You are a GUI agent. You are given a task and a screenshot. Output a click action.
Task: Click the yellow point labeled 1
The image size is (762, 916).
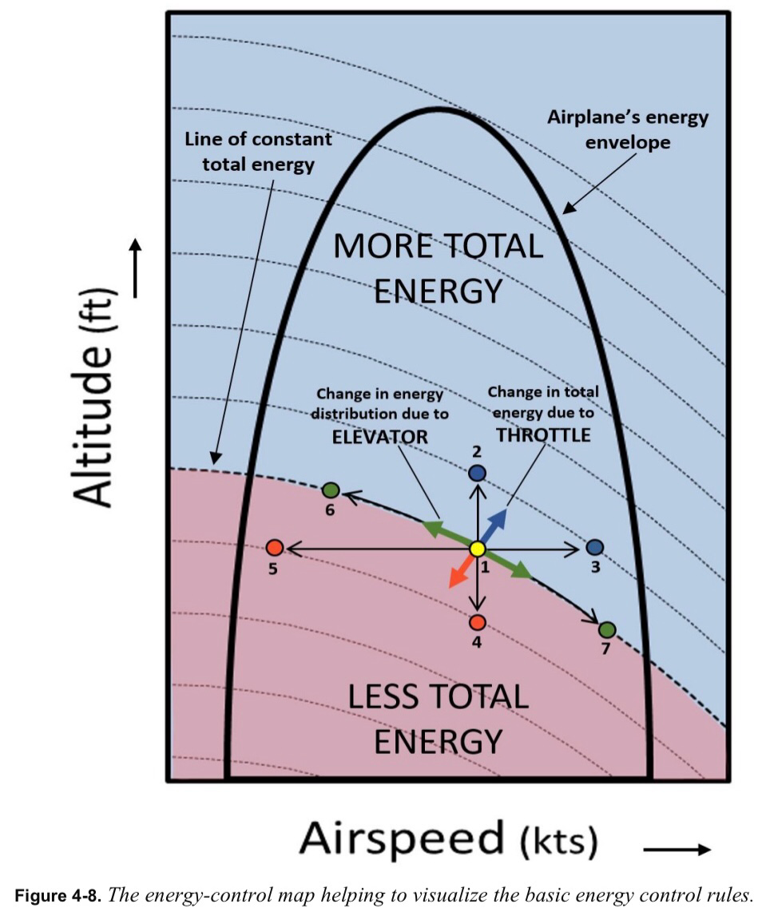[478, 549]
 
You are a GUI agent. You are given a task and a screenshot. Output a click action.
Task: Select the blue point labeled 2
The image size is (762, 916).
[478, 473]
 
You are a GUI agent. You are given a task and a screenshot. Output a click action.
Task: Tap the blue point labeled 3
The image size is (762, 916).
[595, 547]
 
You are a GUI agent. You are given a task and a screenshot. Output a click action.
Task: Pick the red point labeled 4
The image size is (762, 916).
[478, 622]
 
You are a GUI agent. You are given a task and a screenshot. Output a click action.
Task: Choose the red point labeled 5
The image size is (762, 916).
[275, 547]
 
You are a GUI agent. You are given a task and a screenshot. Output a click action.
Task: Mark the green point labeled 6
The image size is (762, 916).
[331, 490]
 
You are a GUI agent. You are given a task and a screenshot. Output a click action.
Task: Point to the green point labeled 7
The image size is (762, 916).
[607, 630]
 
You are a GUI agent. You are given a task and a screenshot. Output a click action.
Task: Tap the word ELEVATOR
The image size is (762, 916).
[380, 437]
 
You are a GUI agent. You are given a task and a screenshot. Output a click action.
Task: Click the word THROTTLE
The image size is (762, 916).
[543, 434]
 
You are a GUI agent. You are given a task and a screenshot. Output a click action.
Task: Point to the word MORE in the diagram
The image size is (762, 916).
[383, 247]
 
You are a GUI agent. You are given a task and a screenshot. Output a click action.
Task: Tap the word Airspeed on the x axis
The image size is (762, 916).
[402, 839]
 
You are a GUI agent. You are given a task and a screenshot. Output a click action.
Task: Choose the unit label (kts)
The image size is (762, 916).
[559, 841]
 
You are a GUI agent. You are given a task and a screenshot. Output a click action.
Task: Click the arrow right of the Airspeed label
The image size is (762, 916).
[677, 850]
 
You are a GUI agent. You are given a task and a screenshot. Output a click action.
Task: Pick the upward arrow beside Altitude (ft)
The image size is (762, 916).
[135, 268]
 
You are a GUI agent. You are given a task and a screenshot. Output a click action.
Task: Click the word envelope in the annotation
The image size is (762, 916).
[628, 142]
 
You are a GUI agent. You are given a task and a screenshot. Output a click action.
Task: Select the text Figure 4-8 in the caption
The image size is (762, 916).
[56, 895]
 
